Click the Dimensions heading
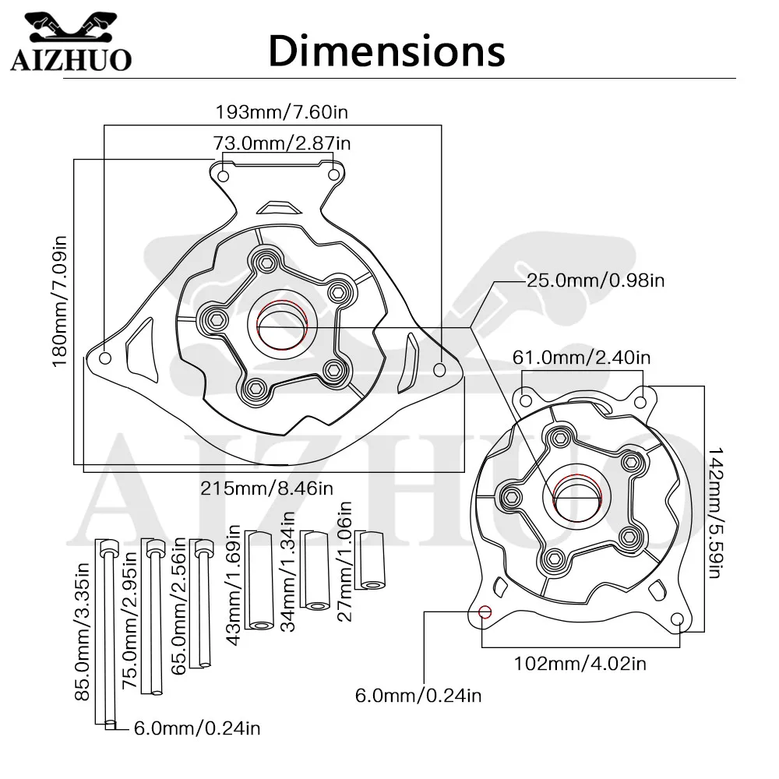coord(386,51)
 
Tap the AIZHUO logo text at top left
coord(71,60)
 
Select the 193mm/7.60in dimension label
coord(282,111)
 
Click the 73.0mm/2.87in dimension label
coord(282,143)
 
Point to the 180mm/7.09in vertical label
coord(60,301)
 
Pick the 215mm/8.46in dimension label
coord(266,488)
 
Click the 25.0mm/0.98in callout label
coord(596,280)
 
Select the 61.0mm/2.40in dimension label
coord(581,358)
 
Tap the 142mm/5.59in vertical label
coord(714,513)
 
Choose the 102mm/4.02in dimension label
coord(580,663)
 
